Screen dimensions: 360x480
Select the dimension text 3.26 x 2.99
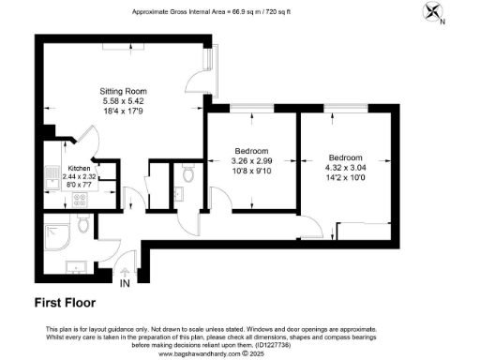[x=250, y=161]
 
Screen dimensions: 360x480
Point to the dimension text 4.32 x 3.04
[x=346, y=167]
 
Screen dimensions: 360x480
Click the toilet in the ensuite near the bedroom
[x=188, y=173]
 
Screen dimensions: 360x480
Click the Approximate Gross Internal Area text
[x=239, y=12]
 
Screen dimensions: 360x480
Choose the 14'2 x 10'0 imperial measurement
[x=346, y=177]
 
